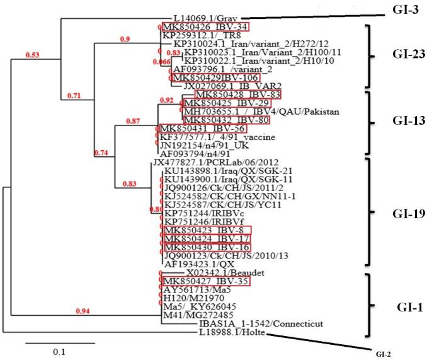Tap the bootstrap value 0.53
(x=33, y=55)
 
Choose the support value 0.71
(x=75, y=95)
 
